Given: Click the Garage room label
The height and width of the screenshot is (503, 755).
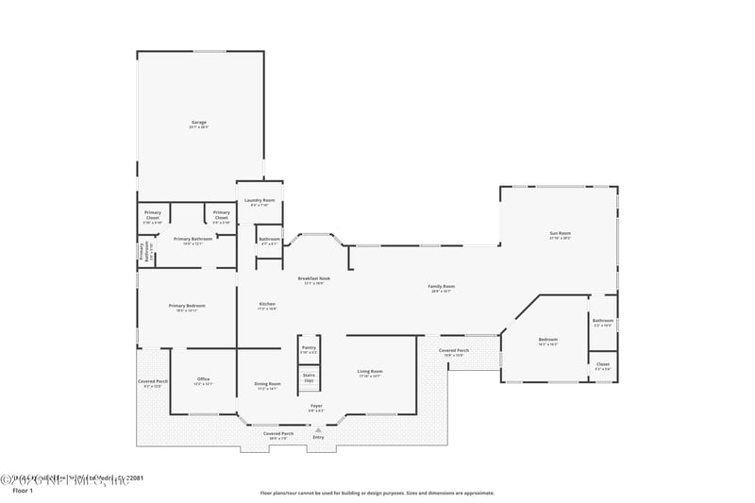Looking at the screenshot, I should coord(199,123).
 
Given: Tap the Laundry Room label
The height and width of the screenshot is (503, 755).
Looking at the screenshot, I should coord(260,200).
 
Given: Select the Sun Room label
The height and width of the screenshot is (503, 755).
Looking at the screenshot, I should coord(561,233).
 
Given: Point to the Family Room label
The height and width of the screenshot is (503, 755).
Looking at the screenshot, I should coord(442,287).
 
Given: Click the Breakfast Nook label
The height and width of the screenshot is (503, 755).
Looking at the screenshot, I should coord(313,278).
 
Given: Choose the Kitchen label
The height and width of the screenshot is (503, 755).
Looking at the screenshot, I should coord(267,304).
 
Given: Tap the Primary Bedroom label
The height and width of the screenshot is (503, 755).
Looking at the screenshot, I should coord(187,306).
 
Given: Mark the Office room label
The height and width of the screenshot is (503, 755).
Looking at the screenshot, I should coord(203,379).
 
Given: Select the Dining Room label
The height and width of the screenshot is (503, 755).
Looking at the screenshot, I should coord(268,384).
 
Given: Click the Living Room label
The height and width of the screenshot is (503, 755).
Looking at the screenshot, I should coord(370,372).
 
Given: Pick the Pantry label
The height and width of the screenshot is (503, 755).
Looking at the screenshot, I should coord(309,348).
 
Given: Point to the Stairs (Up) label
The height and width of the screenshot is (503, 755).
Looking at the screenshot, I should coord(309,377).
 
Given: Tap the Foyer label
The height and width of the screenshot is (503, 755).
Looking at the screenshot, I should coord(316,407).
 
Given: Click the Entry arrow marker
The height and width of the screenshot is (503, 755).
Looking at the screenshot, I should coord(318,429).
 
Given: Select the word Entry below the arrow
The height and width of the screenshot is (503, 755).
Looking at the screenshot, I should coord(318,437).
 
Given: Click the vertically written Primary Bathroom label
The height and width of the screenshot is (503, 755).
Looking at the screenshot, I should coord(142,252).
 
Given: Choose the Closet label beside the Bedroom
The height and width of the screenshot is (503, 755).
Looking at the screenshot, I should coord(602,363).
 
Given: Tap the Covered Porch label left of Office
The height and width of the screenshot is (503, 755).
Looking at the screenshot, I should coord(153,381).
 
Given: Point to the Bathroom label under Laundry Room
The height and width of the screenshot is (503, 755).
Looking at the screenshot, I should coord(270,239).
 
